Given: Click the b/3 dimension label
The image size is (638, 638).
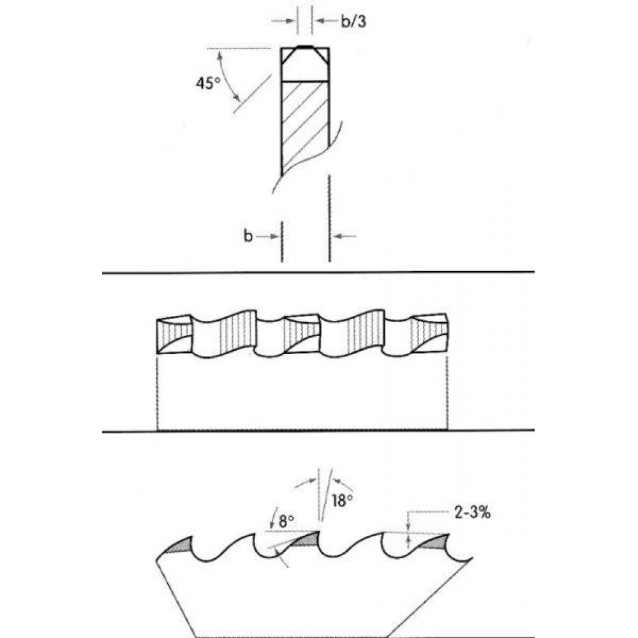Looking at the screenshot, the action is (x=353, y=21).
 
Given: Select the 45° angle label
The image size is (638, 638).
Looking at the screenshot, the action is (x=208, y=83).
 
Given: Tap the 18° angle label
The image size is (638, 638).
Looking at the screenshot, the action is (x=342, y=500).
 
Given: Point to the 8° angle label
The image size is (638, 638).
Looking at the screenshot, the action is (x=286, y=521).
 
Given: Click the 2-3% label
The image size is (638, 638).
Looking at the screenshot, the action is (x=472, y=512).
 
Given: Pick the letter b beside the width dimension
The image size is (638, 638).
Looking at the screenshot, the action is (x=248, y=235).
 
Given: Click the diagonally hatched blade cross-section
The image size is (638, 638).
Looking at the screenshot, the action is (x=305, y=126).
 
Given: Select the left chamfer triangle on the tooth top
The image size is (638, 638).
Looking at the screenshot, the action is (x=288, y=54).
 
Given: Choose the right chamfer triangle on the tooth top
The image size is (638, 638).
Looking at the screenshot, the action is (x=322, y=54).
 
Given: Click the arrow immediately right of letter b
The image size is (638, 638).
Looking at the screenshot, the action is (x=267, y=236).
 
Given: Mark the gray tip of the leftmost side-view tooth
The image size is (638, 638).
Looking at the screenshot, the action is (x=179, y=545).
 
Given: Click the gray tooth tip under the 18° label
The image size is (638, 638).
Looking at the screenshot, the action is (x=305, y=539).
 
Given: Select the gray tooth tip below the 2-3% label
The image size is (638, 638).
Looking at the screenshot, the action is (x=434, y=541).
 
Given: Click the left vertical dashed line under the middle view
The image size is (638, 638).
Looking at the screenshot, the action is (x=157, y=392).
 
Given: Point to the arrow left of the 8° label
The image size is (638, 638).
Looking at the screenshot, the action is (x=273, y=518).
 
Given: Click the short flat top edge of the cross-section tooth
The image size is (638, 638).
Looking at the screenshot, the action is (x=305, y=47).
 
